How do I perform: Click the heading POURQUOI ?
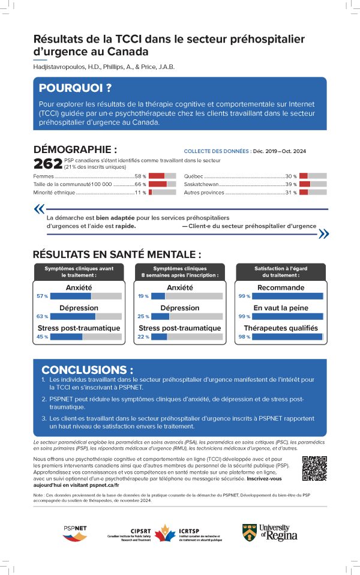pyautogui.click(x=75, y=88)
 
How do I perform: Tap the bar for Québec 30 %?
pyautogui.click(x=313, y=176)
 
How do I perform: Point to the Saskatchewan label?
pyautogui.click(x=201, y=184)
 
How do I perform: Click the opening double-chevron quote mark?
pyautogui.click(x=40, y=209)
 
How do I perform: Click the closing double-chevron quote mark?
pyautogui.click(x=323, y=233)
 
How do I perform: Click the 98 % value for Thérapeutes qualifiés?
pyautogui.click(x=244, y=337)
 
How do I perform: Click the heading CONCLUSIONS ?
pyautogui.click(x=87, y=370)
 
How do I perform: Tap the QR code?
pyautogui.click(x=314, y=468)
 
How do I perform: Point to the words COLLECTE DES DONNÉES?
pyautogui.click(x=217, y=152)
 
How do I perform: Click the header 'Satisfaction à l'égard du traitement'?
pyautogui.click(x=281, y=271)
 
